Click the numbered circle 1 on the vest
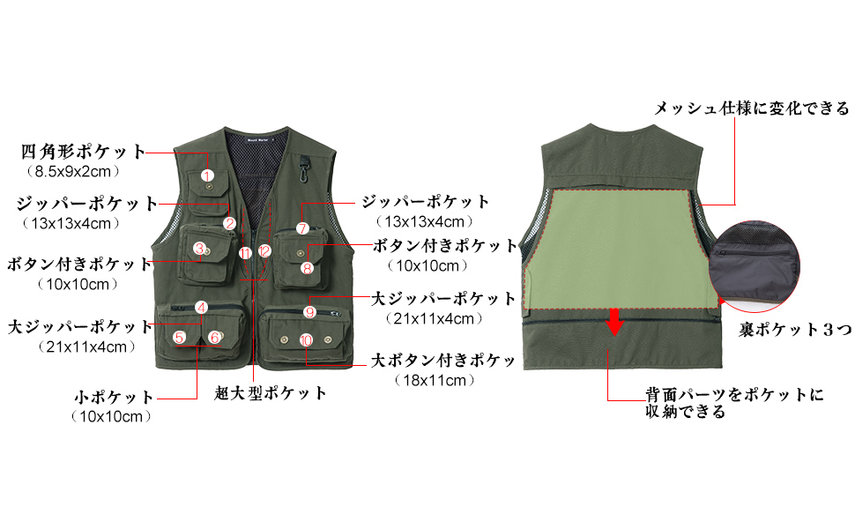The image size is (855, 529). [207, 176]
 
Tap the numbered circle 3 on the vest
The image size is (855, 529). [200, 249]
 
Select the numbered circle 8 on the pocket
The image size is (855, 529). [307, 268]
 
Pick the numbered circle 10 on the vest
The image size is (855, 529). [306, 339]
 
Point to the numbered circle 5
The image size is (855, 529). [180, 337]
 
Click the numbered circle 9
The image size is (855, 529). [309, 312]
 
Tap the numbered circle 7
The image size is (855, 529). [301, 228]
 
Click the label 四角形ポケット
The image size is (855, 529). [84, 151]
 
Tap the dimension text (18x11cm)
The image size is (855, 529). [435, 381]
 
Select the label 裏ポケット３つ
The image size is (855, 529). [794, 331]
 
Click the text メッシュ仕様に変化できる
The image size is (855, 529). [751, 108]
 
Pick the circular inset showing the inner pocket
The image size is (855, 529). [758, 266]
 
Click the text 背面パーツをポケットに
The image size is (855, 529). [733, 395]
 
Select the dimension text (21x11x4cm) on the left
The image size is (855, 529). [85, 347]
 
